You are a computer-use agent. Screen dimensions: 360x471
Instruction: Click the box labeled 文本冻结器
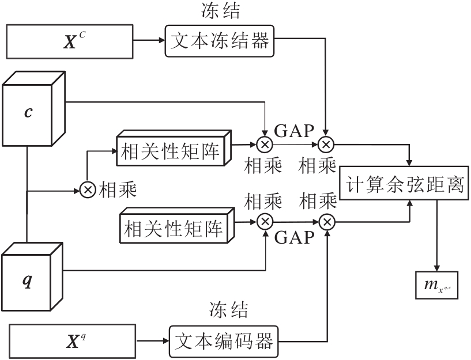click(220, 40)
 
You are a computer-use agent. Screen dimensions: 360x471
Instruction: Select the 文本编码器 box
click(222, 341)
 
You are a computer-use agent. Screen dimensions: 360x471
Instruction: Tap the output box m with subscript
click(436, 285)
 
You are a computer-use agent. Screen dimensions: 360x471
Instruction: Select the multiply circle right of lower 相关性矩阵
click(265, 221)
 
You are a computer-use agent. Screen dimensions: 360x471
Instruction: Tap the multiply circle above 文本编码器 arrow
click(327, 221)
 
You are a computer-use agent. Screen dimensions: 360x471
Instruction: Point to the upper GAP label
click(292, 130)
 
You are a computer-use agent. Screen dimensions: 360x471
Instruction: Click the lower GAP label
click(295, 238)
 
